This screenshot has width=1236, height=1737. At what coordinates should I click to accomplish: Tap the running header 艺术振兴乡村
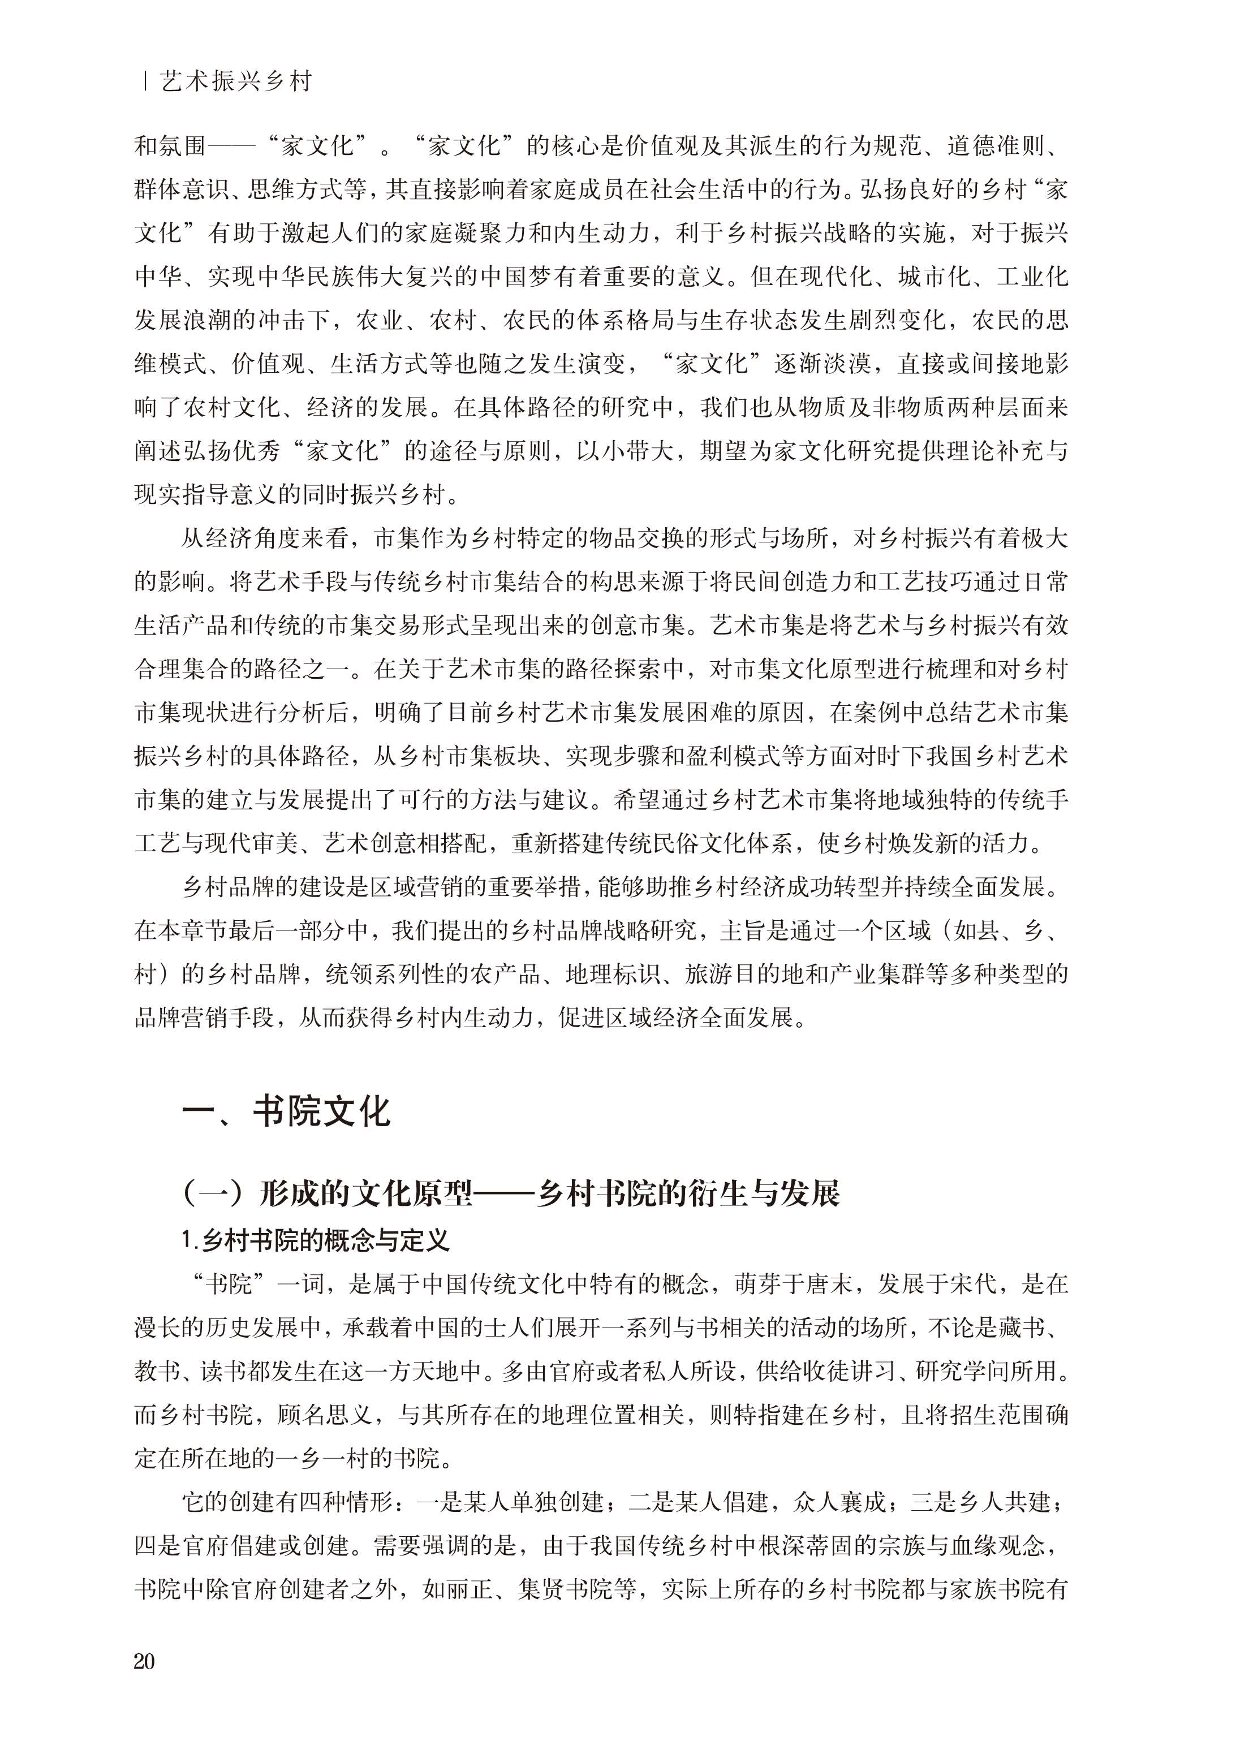236,82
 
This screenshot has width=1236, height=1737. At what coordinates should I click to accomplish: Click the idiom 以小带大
626,451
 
